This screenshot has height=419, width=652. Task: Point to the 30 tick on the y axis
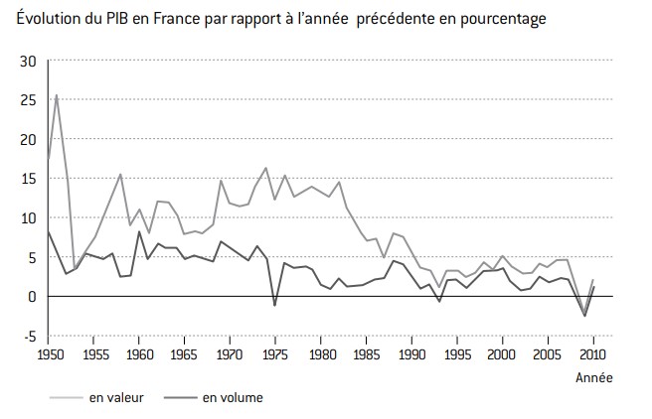coord(28,61)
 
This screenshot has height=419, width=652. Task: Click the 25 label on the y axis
coord(28,100)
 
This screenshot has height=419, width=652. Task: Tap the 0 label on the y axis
coord(32,296)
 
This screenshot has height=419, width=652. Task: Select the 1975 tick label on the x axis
coord(275,353)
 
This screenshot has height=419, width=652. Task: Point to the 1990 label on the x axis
coord(411,353)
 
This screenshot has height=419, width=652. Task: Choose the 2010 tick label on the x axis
coord(593,353)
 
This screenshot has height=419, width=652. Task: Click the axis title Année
coord(595,377)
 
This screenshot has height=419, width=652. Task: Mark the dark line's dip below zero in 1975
coord(275,305)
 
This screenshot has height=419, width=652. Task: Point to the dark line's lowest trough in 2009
coord(584,316)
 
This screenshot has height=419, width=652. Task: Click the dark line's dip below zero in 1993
coord(439,301)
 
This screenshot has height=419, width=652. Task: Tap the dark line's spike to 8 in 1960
coord(139,232)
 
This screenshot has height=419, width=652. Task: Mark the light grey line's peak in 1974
coord(266,168)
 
